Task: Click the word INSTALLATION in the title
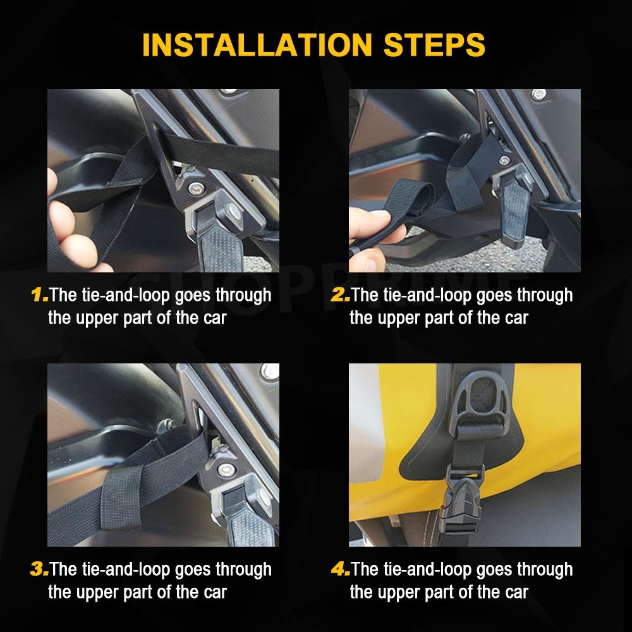point(257,44)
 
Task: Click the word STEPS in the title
point(434,44)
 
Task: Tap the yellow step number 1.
point(39,295)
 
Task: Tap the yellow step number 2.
point(340,295)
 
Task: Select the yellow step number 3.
point(39,569)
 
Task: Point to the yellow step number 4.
point(341,569)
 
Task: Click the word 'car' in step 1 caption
point(215,318)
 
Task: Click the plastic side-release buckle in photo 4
point(463,506)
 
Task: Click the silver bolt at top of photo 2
point(538,95)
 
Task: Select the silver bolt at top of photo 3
point(270,372)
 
